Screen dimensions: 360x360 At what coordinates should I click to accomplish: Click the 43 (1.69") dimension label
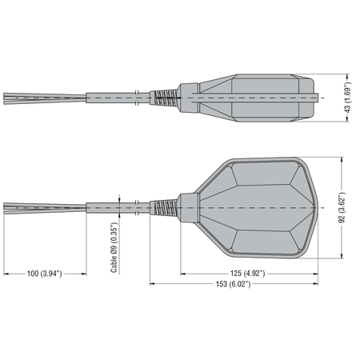click(347, 98)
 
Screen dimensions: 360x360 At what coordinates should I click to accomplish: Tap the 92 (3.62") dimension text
click(342, 207)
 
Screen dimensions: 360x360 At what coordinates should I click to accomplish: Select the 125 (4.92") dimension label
click(248, 274)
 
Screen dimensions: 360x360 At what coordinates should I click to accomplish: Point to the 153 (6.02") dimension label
click(234, 284)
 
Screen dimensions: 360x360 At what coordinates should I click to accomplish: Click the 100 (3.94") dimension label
click(44, 274)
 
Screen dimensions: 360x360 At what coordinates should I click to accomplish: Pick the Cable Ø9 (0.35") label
click(114, 247)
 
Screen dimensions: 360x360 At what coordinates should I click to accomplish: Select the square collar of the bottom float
click(188, 208)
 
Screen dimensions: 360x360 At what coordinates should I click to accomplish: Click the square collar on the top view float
click(188, 98)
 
